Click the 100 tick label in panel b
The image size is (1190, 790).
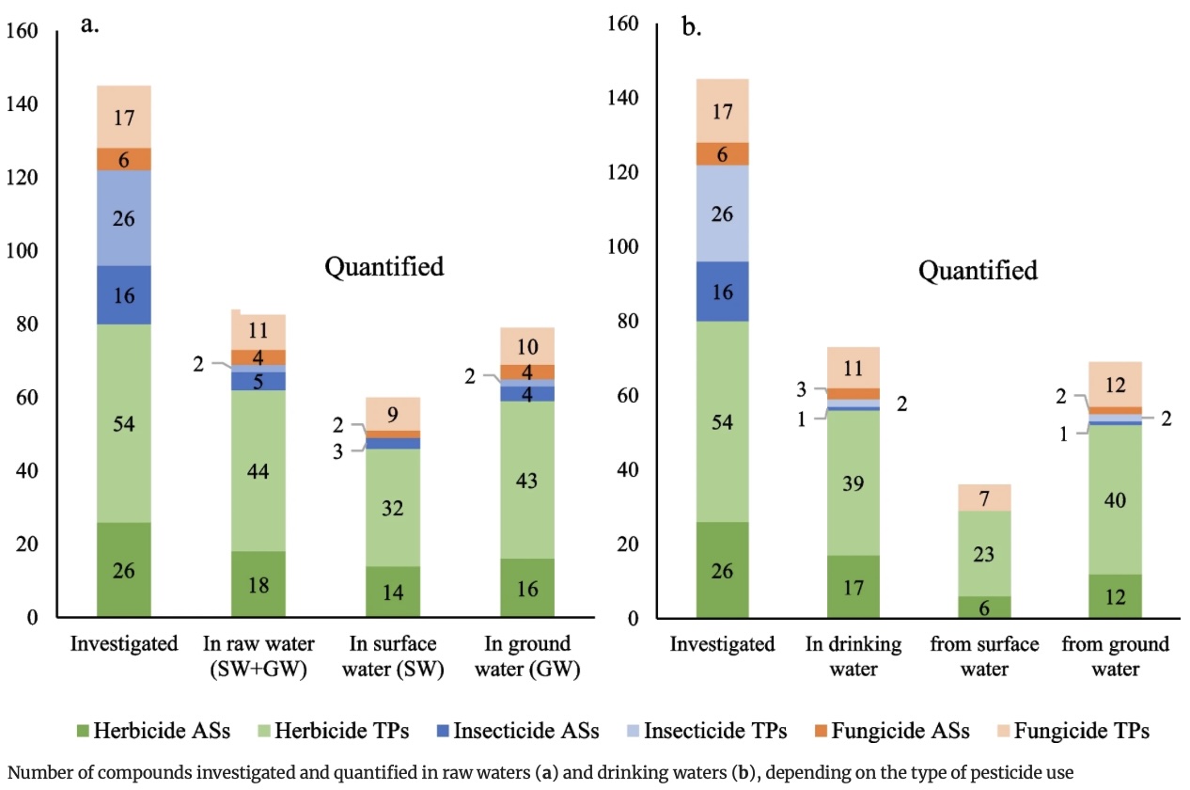click(620, 247)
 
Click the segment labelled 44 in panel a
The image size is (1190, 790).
click(258, 471)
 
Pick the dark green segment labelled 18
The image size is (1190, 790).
click(258, 585)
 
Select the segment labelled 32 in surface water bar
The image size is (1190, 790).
click(393, 508)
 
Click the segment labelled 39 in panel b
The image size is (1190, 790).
click(853, 483)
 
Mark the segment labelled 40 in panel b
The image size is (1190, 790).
click(1114, 500)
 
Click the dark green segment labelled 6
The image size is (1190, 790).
click(983, 608)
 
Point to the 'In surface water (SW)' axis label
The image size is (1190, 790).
click(393, 656)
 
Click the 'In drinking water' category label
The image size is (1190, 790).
click(853, 656)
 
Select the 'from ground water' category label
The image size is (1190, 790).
click(1114, 656)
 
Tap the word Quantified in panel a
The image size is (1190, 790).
click(384, 267)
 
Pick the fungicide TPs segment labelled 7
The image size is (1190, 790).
click(983, 498)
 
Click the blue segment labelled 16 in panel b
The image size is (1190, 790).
click(722, 292)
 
